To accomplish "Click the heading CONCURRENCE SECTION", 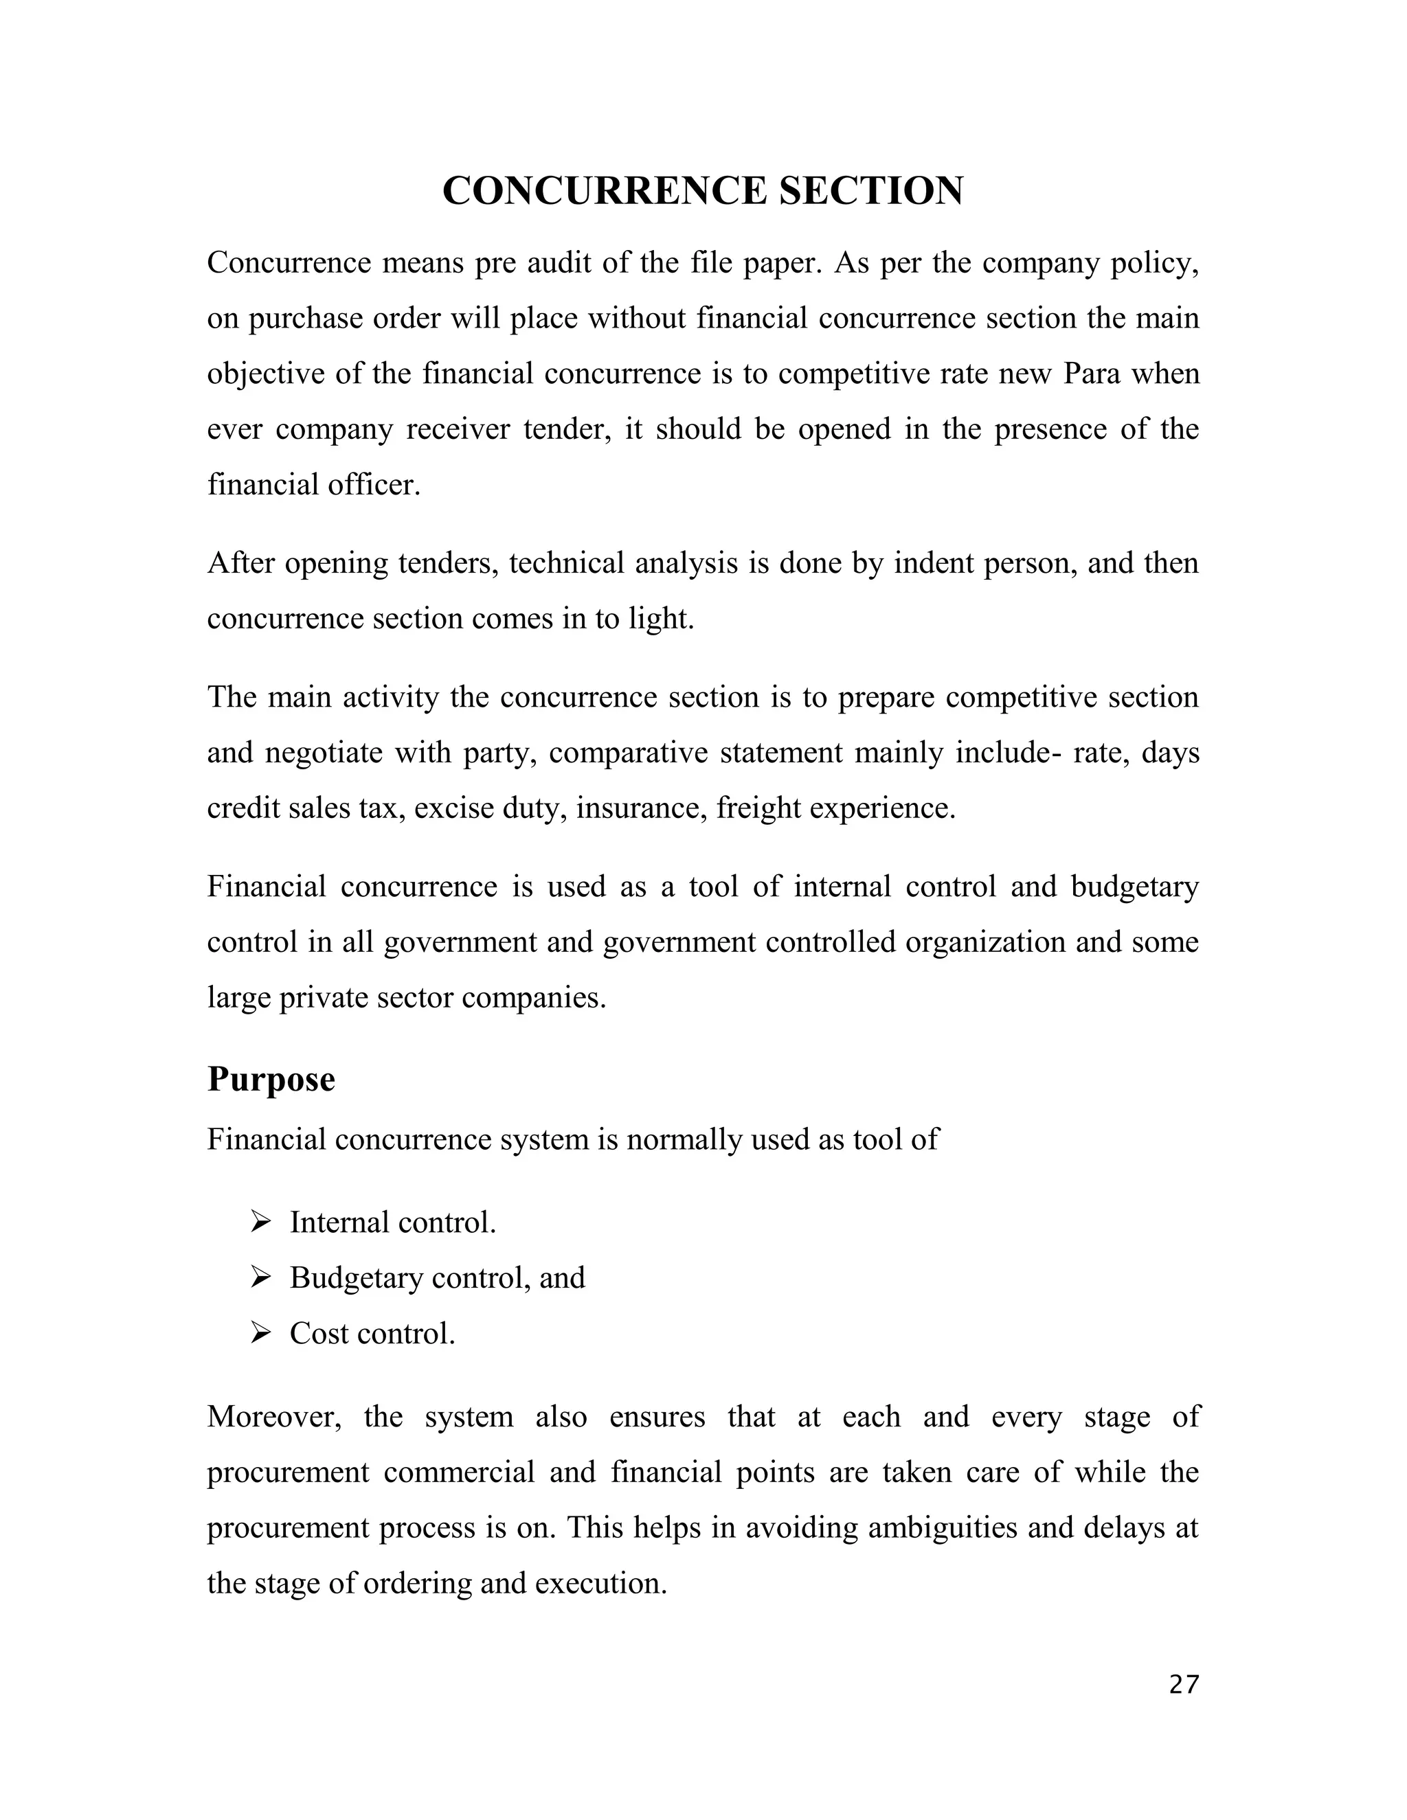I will (703, 191).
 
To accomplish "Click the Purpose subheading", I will (271, 1079).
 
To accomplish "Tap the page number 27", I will (1184, 1685).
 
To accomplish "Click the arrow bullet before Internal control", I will (261, 1222).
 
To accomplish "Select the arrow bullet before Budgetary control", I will (261, 1277).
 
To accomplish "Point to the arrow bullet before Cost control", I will (261, 1333).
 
